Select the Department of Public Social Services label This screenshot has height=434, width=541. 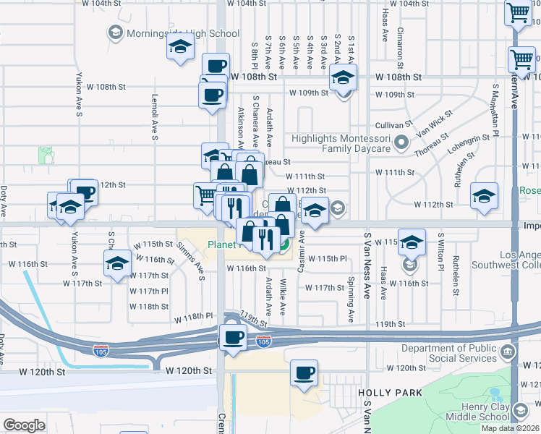pyautogui.click(x=448, y=354)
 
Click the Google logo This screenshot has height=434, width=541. pyautogui.click(x=24, y=425)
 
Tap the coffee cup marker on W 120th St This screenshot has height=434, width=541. pyautogui.click(x=304, y=373)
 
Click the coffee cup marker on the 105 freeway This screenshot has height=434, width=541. pyautogui.click(x=232, y=338)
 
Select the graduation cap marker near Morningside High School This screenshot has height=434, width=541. pyautogui.click(x=179, y=48)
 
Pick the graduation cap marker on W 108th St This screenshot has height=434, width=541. pyautogui.click(x=343, y=77)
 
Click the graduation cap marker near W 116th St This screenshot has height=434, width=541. pyautogui.click(x=116, y=264)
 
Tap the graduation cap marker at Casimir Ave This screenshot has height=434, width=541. pyautogui.click(x=315, y=210)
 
